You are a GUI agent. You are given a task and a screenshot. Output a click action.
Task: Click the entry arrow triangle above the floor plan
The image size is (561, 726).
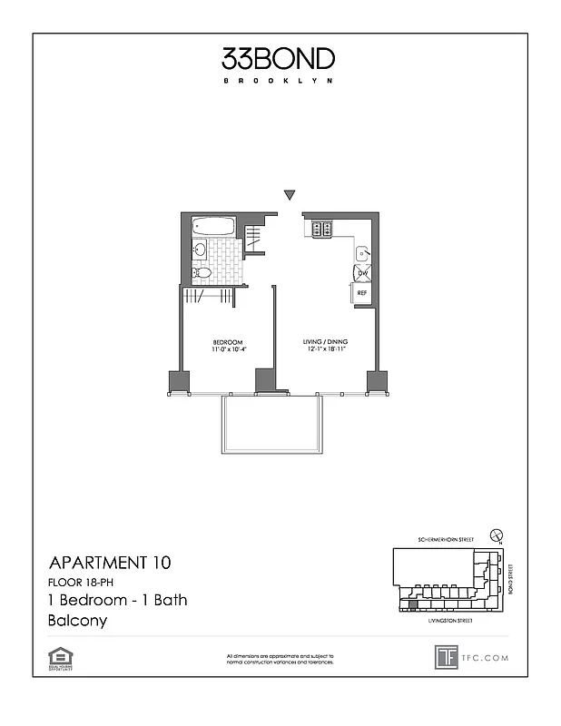point(290,194)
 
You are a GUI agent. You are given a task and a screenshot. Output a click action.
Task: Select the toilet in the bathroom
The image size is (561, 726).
point(202,271)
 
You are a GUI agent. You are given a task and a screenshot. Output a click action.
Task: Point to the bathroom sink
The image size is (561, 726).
point(200,250)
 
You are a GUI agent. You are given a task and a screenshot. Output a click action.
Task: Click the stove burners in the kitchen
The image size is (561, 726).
point(320,230)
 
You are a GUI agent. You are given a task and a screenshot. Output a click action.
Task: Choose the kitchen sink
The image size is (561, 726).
point(361,253)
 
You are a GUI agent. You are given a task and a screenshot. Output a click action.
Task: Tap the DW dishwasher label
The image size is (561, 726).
point(361,273)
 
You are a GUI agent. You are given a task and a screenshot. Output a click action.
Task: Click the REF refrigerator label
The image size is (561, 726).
point(361,293)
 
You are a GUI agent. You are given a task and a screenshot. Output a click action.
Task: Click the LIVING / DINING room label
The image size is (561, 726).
point(325,341)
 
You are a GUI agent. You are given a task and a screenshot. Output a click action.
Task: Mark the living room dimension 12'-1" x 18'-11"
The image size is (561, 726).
point(325,349)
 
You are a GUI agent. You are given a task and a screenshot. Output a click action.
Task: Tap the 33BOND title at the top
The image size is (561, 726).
point(279,60)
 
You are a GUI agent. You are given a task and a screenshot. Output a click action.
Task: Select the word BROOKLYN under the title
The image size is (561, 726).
point(279,81)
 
